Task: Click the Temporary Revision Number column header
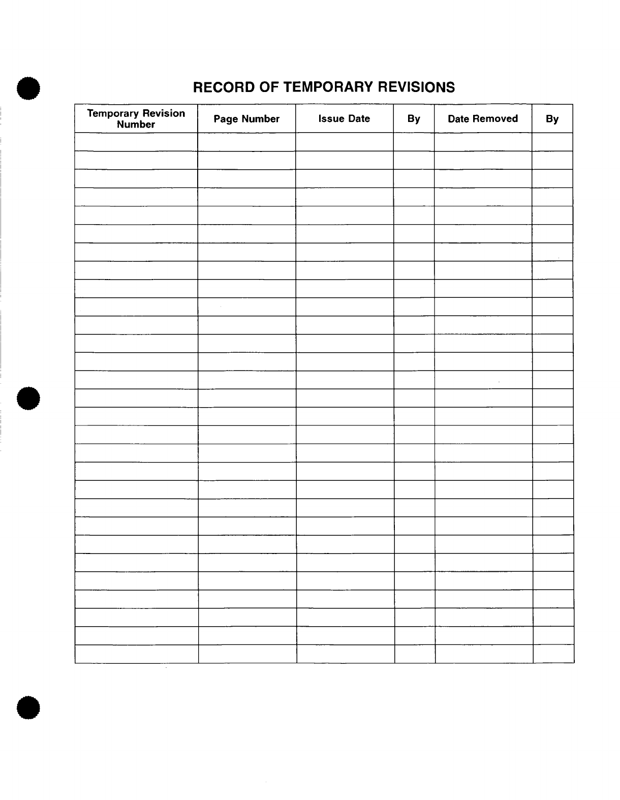click(136, 119)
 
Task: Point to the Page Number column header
click(246, 119)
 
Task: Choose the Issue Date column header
click(344, 119)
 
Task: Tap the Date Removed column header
click(483, 119)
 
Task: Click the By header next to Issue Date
click(414, 119)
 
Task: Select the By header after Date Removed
click(552, 119)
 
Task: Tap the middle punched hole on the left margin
click(28, 398)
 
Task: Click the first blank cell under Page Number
click(246, 142)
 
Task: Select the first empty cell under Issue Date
click(344, 142)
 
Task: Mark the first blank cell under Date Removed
click(483, 142)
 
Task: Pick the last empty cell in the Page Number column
click(247, 654)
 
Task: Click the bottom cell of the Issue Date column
click(345, 654)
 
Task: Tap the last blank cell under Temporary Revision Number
click(136, 654)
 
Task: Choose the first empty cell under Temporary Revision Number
click(136, 142)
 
